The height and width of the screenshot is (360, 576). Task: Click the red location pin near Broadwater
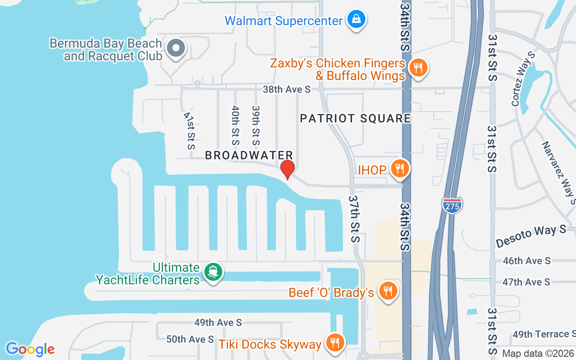pos(287,169)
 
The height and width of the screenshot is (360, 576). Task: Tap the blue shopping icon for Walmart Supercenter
pos(356,19)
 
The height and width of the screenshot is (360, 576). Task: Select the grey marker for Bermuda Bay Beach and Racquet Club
pos(175,48)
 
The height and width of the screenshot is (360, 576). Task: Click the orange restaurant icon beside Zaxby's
pos(418,68)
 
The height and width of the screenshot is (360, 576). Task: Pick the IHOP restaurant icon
pos(399,169)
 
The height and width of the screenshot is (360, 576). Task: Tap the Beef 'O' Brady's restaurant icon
pos(387,291)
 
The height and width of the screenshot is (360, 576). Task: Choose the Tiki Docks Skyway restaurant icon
pos(334,343)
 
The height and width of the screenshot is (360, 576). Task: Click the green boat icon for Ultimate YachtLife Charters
pos(213,272)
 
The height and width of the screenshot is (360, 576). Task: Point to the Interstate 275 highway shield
pos(452,205)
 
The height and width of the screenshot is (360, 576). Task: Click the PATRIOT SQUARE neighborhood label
pos(355,118)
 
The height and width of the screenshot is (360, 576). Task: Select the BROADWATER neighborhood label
pos(249,155)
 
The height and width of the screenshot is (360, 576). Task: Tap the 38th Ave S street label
pos(287,89)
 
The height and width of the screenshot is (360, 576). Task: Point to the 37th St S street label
pos(354,219)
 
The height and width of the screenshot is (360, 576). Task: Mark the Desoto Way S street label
pos(531,236)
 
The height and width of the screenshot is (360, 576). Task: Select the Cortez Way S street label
pos(523,79)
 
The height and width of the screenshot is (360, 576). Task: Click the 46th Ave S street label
pos(526,261)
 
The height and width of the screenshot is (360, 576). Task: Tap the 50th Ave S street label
pos(190,339)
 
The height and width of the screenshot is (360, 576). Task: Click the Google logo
pos(30,349)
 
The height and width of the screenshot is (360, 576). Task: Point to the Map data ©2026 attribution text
pos(538,354)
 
